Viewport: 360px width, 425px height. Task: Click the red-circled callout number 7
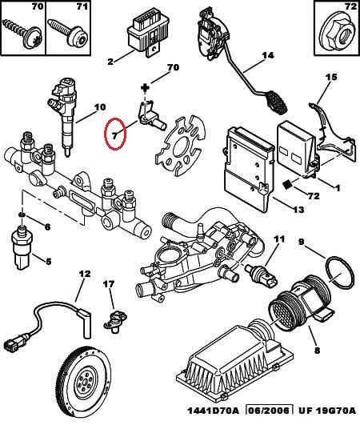(x=115, y=135)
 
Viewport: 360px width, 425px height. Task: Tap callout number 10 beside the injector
(x=99, y=107)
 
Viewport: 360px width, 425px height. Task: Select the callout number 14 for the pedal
(x=268, y=55)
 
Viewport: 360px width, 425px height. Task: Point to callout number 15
(x=331, y=77)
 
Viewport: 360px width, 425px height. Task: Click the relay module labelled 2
(x=149, y=34)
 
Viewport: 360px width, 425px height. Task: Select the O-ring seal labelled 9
(x=340, y=272)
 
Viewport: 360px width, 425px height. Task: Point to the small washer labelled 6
(x=22, y=215)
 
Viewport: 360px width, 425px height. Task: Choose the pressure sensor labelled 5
(x=22, y=248)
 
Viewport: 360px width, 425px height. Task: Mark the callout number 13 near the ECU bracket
(x=298, y=210)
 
